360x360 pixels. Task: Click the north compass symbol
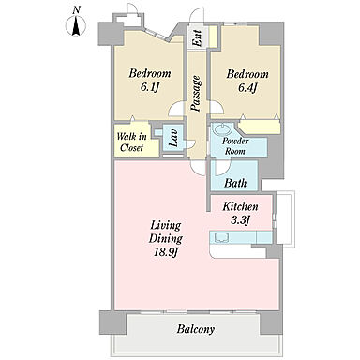[76, 26]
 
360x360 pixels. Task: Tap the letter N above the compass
[76, 10]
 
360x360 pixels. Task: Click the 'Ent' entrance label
[198, 37]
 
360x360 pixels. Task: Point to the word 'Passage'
[196, 94]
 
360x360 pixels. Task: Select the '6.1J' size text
[150, 87]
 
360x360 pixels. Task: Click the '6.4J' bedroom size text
[247, 87]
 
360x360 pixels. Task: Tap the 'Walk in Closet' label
[131, 142]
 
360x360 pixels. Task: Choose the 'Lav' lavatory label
[173, 139]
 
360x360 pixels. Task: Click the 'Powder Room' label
[235, 145]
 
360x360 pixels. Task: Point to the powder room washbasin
[222, 127]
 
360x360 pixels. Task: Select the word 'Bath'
[235, 183]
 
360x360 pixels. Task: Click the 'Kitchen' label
[240, 206]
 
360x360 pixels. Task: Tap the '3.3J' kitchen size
[240, 220]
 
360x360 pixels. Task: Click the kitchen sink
[221, 237]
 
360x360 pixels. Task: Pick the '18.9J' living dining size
[166, 252]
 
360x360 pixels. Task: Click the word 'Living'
[166, 226]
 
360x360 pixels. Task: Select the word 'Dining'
[166, 239]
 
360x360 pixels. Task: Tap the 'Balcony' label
[196, 329]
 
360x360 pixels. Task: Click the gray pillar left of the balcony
[112, 322]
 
